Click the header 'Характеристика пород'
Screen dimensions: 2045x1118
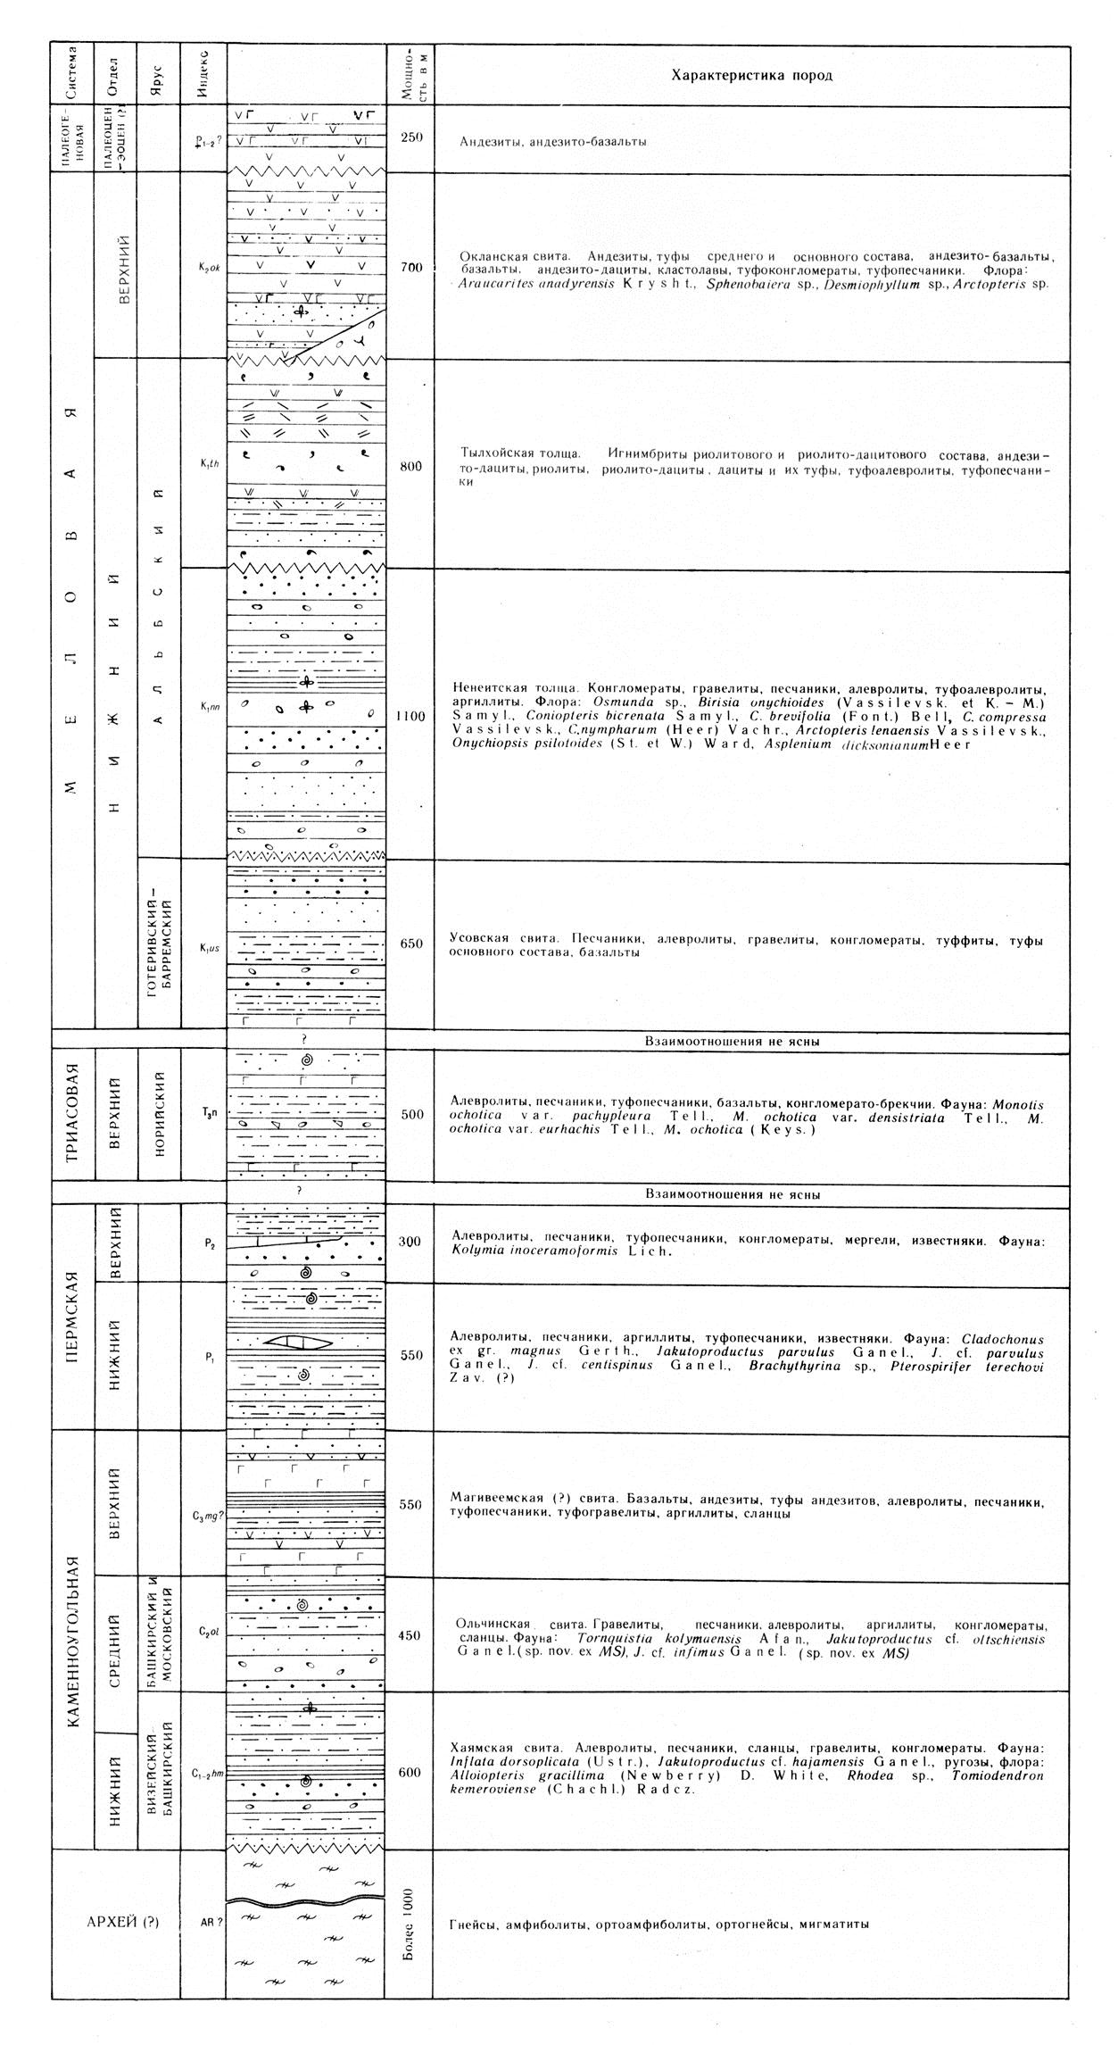(x=751, y=76)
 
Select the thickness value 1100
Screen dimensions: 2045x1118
(x=410, y=715)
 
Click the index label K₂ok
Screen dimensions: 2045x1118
(x=204, y=266)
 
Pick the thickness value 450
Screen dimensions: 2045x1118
(x=410, y=1635)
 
